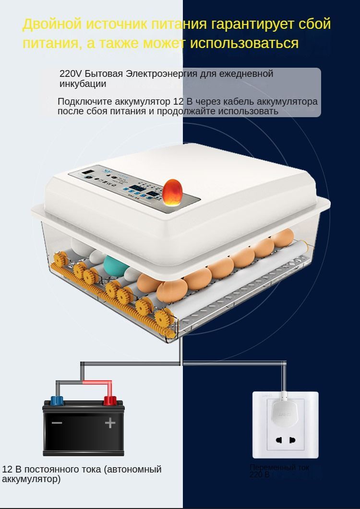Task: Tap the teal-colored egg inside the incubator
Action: click(116, 265)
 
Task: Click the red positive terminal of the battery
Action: click(110, 400)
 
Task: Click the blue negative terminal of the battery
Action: click(57, 400)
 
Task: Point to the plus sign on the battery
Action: click(110, 423)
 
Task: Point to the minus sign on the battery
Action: click(57, 423)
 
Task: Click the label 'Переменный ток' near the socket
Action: click(279, 467)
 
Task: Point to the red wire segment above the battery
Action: click(97, 383)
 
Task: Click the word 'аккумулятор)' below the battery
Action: click(31, 479)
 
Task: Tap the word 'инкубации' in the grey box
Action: click(83, 84)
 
